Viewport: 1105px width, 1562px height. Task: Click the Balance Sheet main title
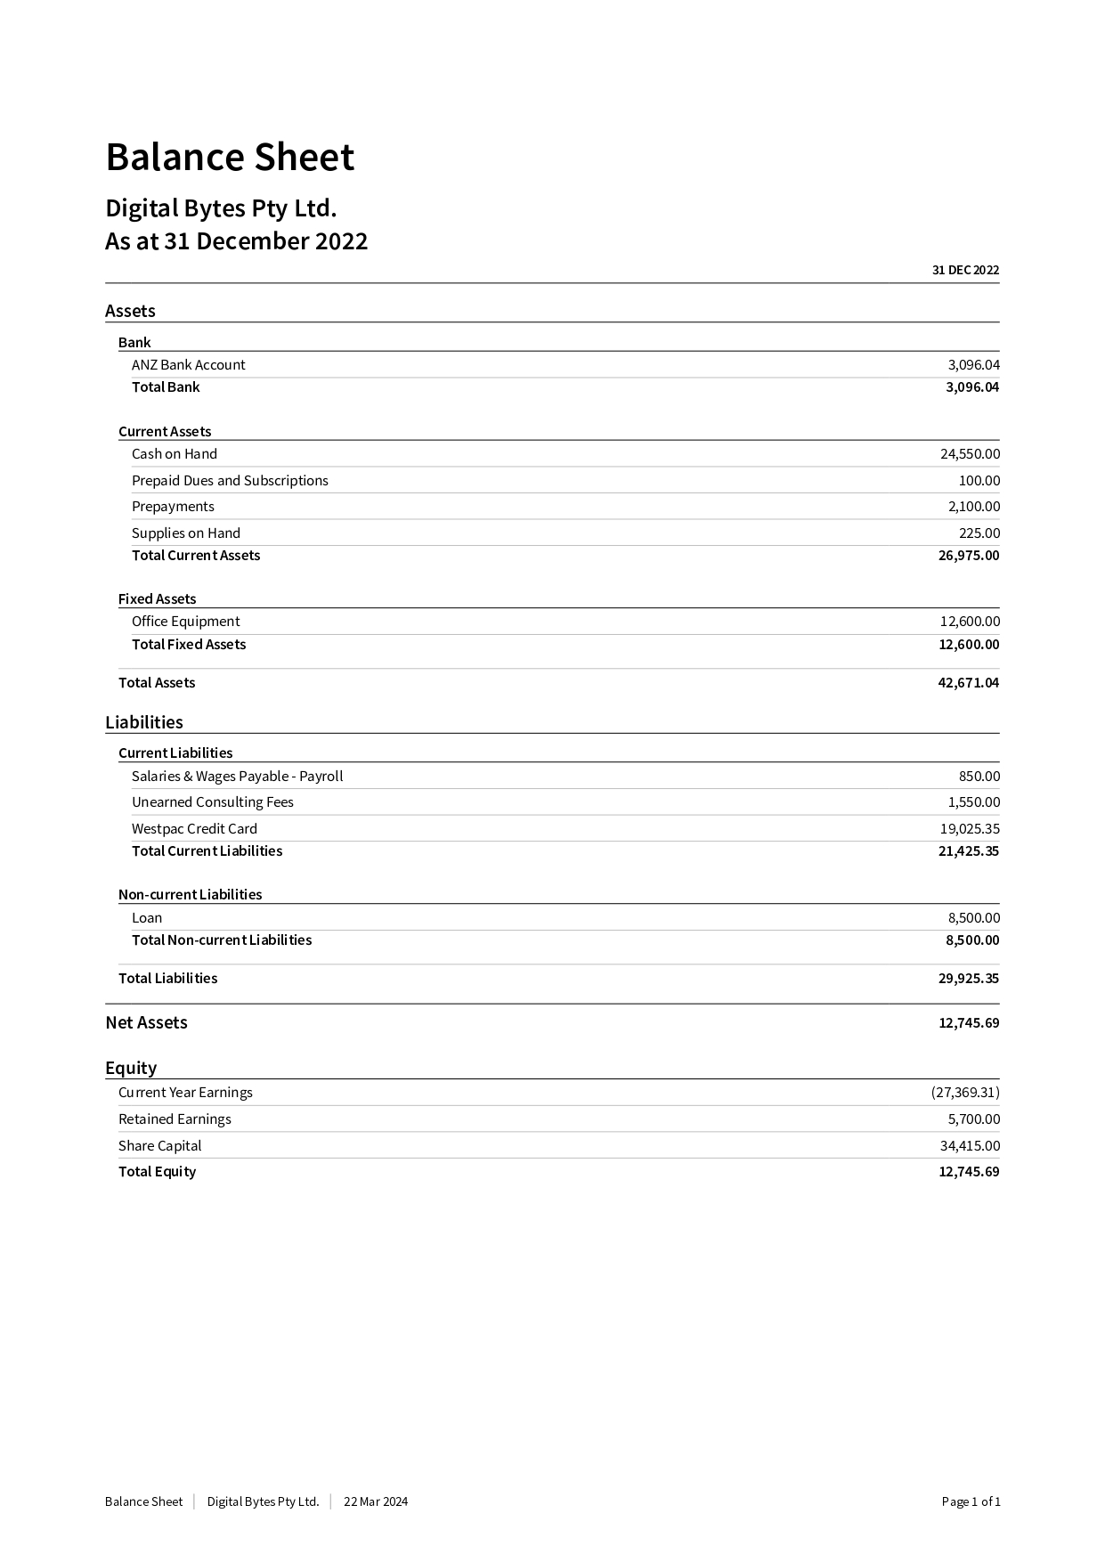230,158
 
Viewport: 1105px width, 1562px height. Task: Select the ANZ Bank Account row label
188,365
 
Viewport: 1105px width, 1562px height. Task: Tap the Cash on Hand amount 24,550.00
970,454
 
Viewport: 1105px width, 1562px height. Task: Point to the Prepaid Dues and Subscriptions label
230,481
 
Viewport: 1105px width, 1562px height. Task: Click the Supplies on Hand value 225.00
979,533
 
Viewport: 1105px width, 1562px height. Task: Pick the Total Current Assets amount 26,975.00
968,556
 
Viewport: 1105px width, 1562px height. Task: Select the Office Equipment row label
185,622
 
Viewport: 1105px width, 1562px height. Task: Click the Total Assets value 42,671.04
968,683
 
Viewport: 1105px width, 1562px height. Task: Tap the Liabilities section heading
144,722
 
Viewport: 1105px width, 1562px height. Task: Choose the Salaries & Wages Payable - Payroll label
237,777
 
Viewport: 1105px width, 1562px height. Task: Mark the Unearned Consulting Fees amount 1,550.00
973,802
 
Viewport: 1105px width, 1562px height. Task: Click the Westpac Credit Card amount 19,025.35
970,829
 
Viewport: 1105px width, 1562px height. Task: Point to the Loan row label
147,918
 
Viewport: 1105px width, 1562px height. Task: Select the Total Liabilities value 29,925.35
968,979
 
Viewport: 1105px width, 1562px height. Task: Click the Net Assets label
146,1023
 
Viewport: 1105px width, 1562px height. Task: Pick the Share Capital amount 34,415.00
970,1146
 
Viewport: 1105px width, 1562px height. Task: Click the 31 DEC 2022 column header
965,271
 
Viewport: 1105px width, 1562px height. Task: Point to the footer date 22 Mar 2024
376,1501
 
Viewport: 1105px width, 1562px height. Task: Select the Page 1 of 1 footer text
971,1501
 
